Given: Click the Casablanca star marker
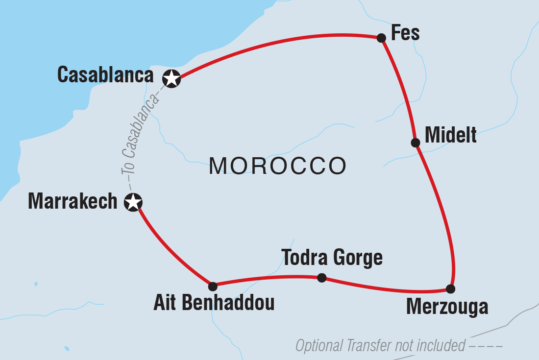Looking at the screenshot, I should click(171, 78).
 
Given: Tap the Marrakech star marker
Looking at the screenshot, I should click(133, 202).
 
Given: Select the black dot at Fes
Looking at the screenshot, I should click(381, 38).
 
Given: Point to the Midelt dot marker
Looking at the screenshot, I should click(416, 143).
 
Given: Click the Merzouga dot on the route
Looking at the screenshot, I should click(451, 288).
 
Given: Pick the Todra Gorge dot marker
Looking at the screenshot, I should click(321, 278).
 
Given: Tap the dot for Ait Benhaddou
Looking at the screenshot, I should click(213, 287).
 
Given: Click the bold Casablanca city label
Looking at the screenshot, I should click(105, 75).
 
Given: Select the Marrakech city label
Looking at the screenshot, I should click(73, 201).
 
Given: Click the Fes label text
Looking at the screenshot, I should click(405, 33).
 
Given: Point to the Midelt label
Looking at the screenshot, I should click(450, 135).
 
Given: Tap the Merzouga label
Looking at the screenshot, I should click(447, 307).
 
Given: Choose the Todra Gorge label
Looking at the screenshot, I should click(332, 257).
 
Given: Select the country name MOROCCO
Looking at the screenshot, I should click(277, 167).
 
